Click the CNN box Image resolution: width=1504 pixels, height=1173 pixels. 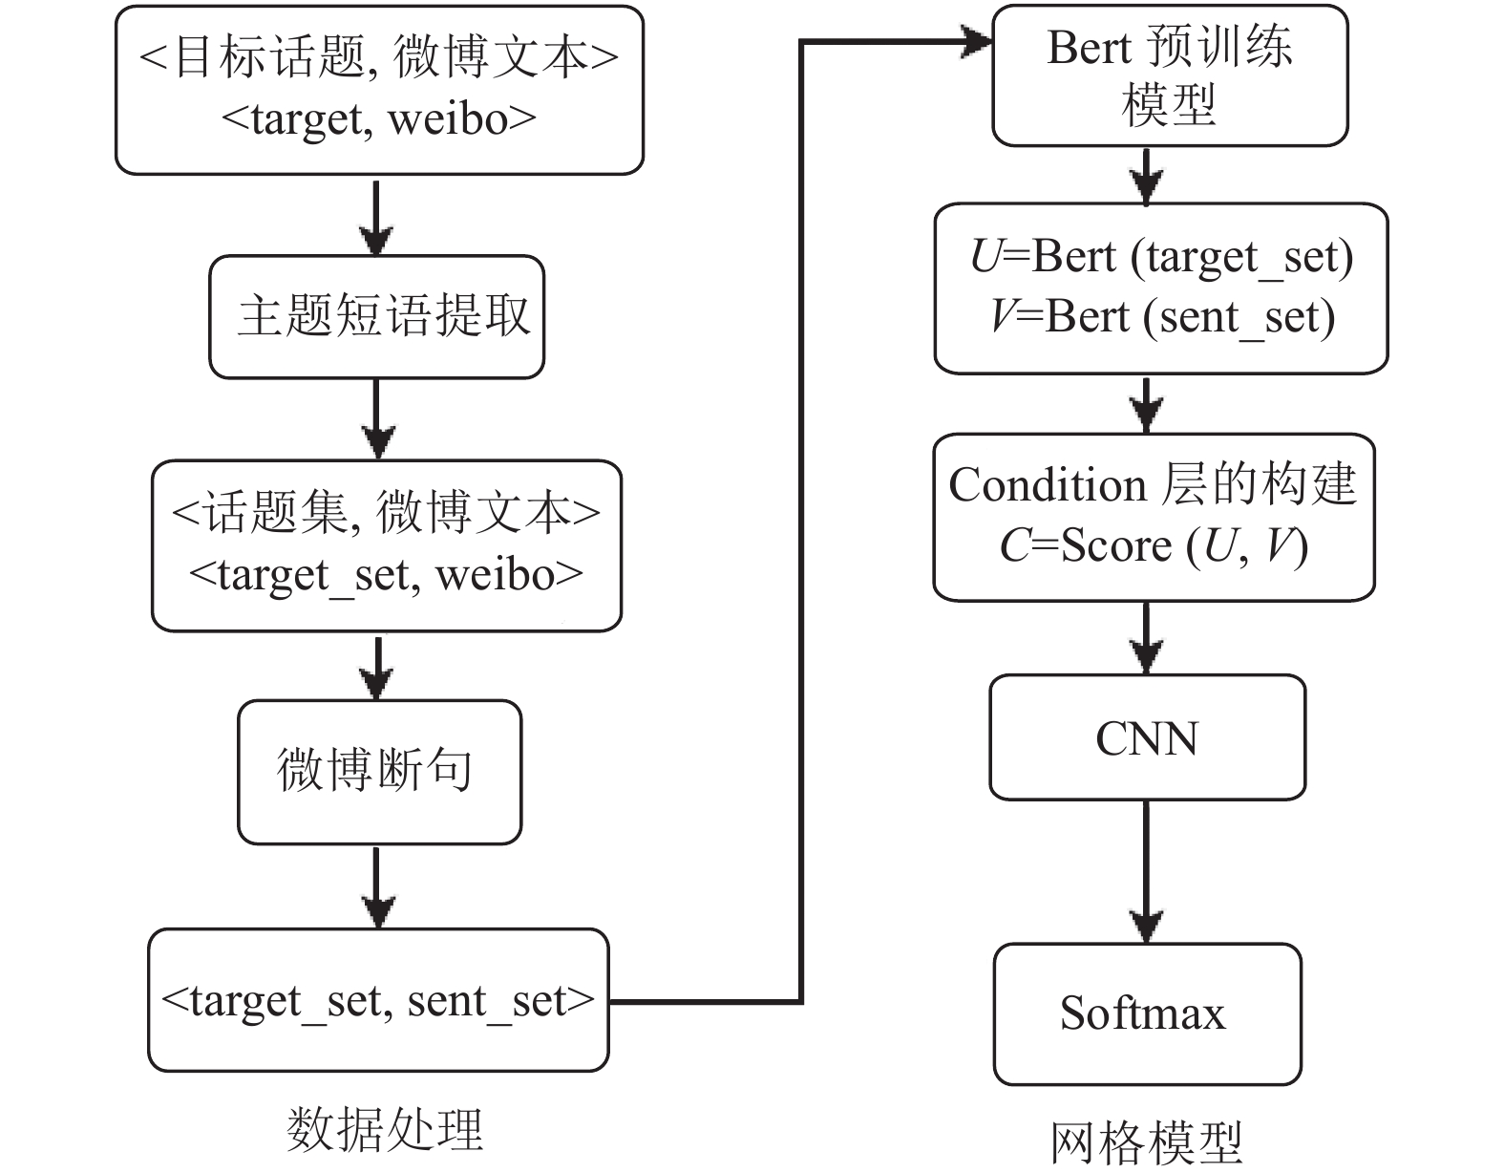(1147, 737)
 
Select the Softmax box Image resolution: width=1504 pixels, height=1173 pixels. (1147, 1013)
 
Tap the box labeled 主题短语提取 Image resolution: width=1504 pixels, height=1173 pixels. (377, 317)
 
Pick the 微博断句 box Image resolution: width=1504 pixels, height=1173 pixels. (379, 772)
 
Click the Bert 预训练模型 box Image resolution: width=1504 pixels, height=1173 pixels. (1170, 75)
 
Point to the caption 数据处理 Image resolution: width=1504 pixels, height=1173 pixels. (385, 1129)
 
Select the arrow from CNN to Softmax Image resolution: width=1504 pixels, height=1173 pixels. (1146, 872)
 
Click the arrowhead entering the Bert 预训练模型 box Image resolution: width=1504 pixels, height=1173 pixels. (977, 41)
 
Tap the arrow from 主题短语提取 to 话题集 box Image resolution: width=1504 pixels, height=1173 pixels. (377, 418)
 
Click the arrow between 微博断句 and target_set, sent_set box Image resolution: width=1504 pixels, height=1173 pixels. (377, 887)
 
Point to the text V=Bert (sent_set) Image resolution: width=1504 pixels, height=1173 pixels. (1163, 318)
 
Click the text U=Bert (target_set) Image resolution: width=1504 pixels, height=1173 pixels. (1161, 258)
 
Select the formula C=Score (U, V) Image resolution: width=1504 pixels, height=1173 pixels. (1154, 546)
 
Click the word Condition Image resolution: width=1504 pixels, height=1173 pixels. (1047, 483)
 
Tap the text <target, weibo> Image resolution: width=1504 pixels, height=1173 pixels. (378, 119)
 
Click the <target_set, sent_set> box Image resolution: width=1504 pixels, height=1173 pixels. (378, 1001)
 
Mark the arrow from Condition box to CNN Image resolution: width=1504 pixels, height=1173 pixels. (1146, 638)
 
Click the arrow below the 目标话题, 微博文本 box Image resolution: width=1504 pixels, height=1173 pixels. (376, 218)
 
